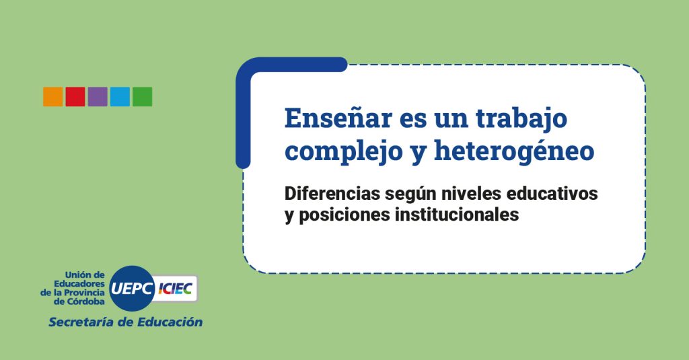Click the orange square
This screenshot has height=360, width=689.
click(x=52, y=97)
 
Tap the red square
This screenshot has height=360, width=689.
click(x=75, y=97)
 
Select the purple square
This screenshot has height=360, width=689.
click(x=98, y=97)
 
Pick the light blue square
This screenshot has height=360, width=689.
click(x=120, y=97)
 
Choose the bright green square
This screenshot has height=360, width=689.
click(x=143, y=97)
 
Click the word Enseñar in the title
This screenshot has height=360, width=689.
click(x=338, y=118)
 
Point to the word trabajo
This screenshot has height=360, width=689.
click(x=521, y=118)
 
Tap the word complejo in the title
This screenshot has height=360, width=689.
click(x=344, y=151)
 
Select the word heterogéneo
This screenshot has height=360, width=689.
click(x=514, y=151)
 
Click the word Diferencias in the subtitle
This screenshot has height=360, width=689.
click(x=332, y=193)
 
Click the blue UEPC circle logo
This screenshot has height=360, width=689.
click(x=131, y=289)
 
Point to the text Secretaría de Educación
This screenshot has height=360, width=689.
click(x=125, y=322)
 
